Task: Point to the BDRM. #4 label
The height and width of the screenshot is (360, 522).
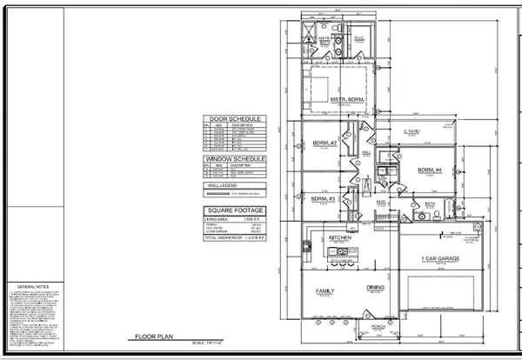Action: [x=431, y=169]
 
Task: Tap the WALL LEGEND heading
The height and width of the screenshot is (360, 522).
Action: [x=219, y=185]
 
